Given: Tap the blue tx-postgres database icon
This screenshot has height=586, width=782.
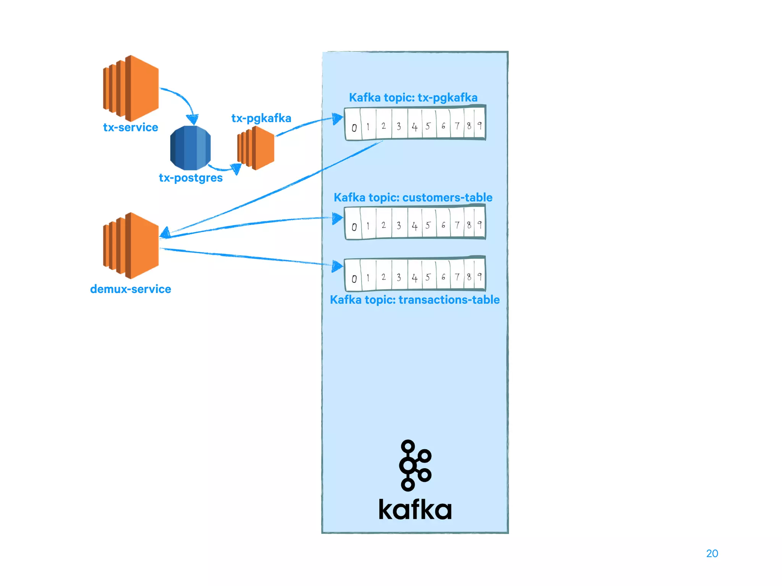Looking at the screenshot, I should pos(190,148).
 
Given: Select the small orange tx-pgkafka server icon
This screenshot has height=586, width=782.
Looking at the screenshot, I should pos(256,148).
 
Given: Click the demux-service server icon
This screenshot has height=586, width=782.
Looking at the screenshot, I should pos(131,245).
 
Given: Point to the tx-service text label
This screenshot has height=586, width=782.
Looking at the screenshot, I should pos(131,127).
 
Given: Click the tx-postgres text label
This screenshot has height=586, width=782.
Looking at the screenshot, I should pos(191,178).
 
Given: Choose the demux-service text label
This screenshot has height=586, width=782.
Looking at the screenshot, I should pos(131,289).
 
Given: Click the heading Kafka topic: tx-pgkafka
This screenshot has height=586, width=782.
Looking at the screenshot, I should pos(413,98).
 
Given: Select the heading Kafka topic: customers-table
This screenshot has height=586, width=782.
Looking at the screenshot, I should pos(413,198).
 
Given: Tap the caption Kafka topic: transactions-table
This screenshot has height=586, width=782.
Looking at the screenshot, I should pos(415,300).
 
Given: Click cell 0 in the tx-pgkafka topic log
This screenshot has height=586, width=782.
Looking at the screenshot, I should pos(354,127).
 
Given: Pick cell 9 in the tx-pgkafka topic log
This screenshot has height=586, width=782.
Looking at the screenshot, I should pos(480,125).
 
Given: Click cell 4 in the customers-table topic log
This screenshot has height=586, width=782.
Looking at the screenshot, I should pos(415,226).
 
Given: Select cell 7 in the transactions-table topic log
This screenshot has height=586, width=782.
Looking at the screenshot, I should pos(457,277).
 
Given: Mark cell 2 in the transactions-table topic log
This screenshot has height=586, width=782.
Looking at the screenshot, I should pos(383,277).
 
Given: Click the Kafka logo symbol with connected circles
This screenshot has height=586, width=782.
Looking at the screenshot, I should pos(415,465).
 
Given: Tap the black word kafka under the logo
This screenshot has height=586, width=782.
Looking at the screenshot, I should pos(415,509).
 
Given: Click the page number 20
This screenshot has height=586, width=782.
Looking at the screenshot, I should pos(712,554).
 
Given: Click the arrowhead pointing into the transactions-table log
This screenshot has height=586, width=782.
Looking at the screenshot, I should pos(337,266).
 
